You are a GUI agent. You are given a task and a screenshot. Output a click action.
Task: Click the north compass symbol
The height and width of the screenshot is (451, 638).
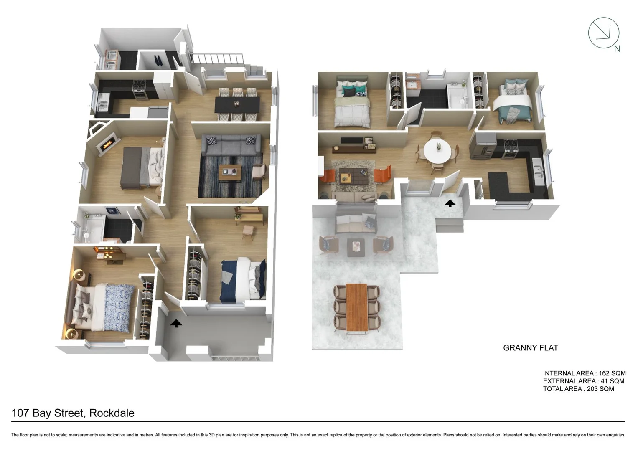[604, 33]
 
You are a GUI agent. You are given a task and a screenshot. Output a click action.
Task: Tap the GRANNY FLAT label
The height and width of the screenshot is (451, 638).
[530, 348]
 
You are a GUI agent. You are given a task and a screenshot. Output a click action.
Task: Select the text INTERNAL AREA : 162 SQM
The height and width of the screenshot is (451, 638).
[584, 373]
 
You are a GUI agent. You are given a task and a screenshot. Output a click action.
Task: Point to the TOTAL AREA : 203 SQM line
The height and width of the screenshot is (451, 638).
[578, 389]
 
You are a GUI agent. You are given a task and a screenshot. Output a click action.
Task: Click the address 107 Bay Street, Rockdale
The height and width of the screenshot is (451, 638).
[73, 413]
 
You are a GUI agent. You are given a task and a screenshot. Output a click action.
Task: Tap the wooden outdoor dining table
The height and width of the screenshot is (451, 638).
[356, 307]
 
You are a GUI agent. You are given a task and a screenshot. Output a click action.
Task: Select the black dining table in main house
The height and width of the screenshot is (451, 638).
[237, 104]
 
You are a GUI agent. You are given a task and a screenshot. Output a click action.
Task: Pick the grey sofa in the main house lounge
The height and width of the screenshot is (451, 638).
[231, 145]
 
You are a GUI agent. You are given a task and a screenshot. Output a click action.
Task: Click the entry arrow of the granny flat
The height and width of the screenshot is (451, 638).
[450, 203]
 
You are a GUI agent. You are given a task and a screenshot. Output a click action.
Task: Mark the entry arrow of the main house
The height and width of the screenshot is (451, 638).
[176, 323]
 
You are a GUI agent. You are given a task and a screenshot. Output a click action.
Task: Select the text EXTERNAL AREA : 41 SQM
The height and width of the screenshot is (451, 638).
[583, 381]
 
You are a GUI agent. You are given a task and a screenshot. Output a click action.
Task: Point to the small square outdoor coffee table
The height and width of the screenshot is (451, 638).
[356, 247]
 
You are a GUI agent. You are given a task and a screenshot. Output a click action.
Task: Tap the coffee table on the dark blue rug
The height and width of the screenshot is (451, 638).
[230, 172]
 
